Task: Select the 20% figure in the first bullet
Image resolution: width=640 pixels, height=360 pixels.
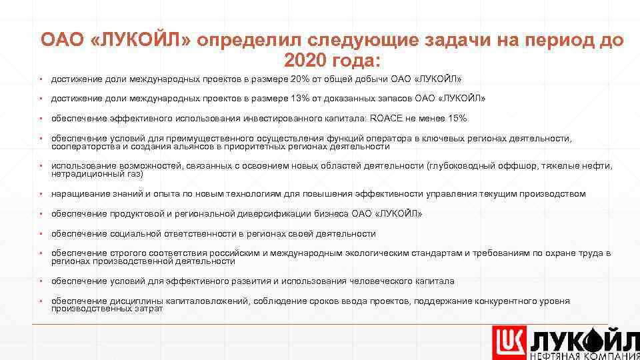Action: (x=319, y=79)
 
